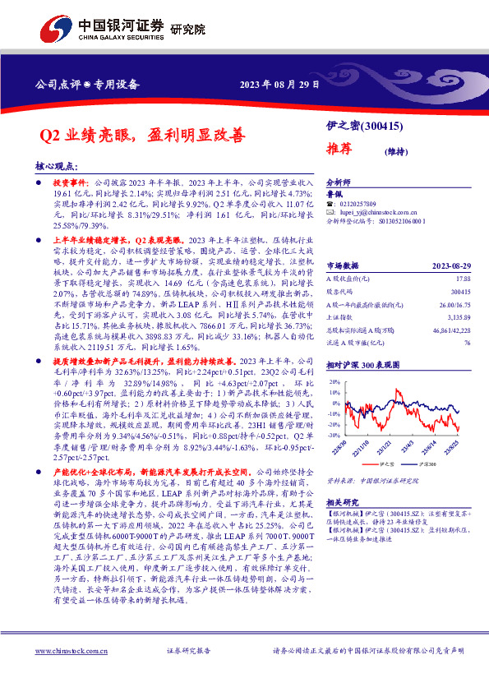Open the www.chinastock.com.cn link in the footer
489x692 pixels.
click(x=71, y=650)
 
